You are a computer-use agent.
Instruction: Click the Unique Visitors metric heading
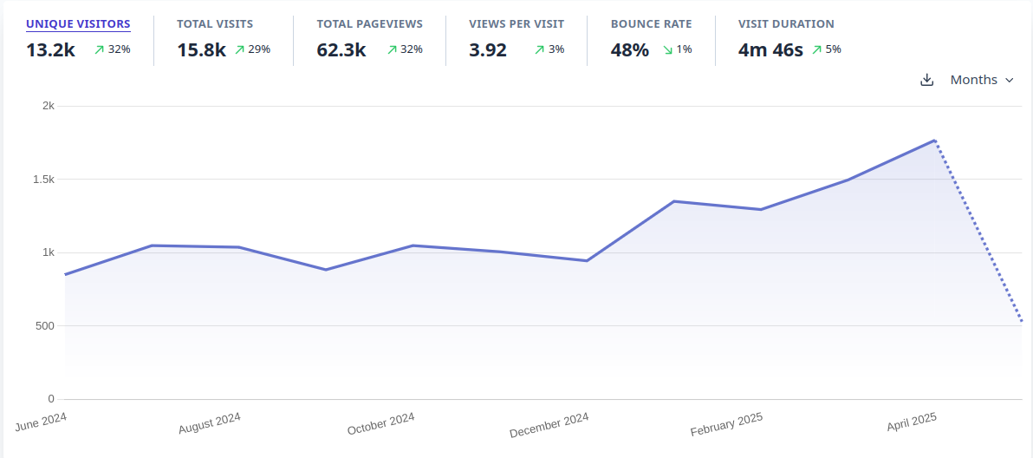78,24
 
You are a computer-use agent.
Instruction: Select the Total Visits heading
215,24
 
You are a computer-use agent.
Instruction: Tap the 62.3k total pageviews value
341,50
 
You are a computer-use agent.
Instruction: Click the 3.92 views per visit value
488,50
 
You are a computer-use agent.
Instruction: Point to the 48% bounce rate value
629,50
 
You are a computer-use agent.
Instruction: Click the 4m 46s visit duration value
770,50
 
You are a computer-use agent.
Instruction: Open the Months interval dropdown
982,80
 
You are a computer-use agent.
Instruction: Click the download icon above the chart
926,80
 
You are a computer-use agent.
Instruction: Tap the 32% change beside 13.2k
113,49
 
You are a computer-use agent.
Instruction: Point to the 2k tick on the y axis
49,106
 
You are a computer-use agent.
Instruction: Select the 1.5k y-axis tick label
43,180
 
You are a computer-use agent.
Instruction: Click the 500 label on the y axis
45,326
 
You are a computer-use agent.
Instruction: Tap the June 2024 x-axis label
42,422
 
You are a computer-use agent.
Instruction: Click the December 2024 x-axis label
549,425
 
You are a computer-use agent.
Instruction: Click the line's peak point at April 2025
934,141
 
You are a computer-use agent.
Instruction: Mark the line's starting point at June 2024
65,274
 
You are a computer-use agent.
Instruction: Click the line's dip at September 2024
326,270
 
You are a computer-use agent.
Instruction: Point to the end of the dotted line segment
1022,321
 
